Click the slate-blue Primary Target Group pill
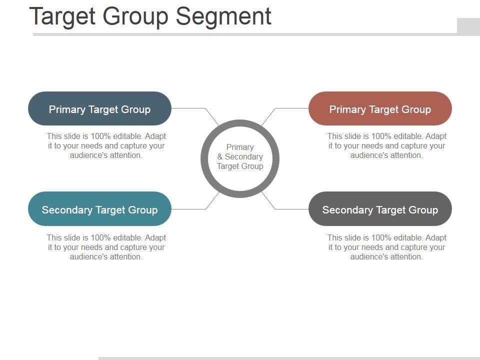pos(99,108)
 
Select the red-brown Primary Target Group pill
pos(380,108)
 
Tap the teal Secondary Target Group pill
pos(99,209)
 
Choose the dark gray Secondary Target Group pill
pos(380,209)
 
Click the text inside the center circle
pos(240,157)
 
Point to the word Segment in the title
pos(223,16)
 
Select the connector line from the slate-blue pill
pos(189,108)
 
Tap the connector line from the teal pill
pos(189,209)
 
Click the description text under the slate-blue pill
pos(106,145)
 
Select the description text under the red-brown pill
pos(386,145)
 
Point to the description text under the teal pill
pos(106,247)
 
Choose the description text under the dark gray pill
pos(386,247)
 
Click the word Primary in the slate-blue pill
pos(67,109)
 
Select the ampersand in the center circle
pos(220,157)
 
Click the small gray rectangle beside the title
pos(468,26)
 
